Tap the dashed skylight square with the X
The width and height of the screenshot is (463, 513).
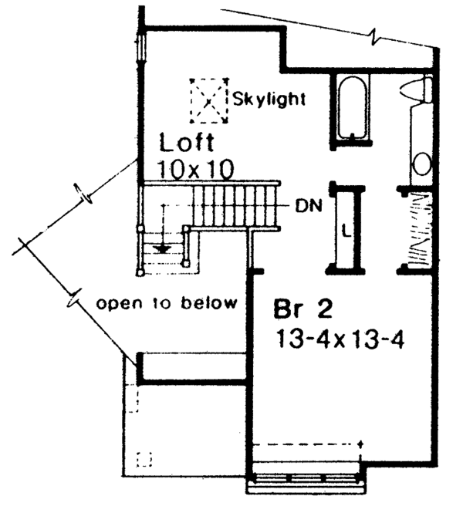click(209, 100)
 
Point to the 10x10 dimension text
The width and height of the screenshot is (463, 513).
click(194, 168)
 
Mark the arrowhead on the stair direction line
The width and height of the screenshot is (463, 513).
click(161, 248)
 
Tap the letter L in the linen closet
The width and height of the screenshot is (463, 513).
click(346, 229)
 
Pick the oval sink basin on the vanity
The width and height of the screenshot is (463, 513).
click(421, 163)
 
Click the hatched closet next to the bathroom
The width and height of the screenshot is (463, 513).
click(420, 229)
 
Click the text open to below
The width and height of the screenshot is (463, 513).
click(166, 302)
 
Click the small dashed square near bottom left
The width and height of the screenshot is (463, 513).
click(143, 459)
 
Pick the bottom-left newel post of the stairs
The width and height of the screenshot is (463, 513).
click(140, 272)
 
